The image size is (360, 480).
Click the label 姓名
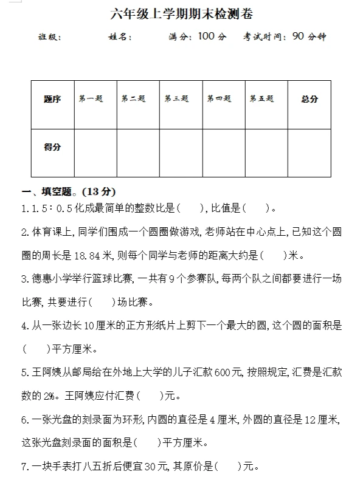tap(119, 37)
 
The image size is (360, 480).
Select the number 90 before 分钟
tap(298, 36)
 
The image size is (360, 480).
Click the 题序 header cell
tap(52, 99)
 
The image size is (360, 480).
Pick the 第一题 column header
tap(91, 99)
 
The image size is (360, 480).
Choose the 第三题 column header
tap(176, 99)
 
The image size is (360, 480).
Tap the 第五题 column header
tap(261, 99)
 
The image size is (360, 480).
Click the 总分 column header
tap(309, 99)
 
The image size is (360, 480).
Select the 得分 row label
tap(52, 147)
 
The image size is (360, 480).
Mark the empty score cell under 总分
tap(309, 153)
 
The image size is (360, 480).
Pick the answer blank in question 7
tap(227, 467)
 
